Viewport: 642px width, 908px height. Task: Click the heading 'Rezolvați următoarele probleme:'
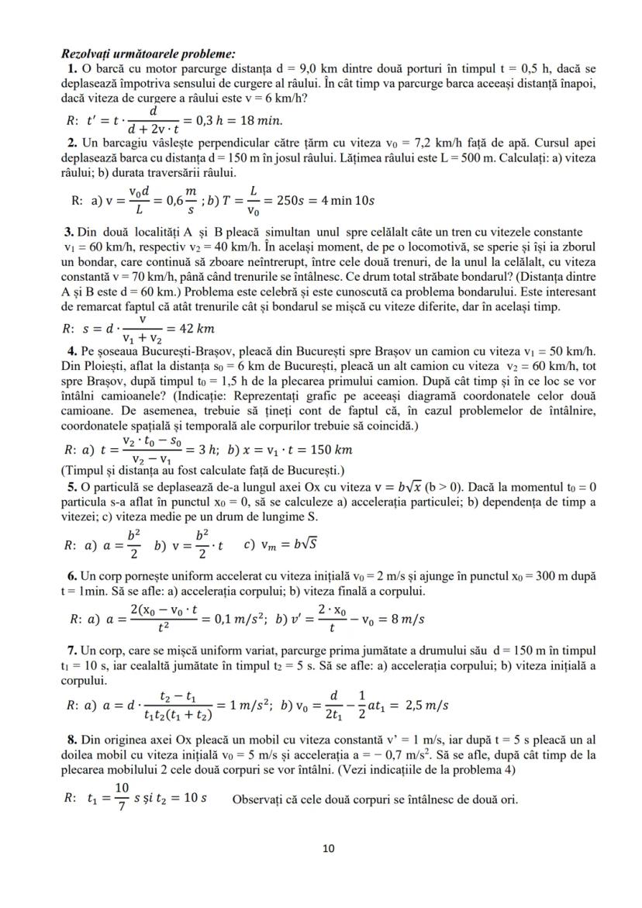point(147,54)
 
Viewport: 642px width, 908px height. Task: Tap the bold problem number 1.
point(71,69)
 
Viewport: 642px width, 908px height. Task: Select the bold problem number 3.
point(70,233)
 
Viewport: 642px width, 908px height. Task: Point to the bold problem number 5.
point(71,488)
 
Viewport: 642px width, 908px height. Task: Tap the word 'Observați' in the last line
point(260,800)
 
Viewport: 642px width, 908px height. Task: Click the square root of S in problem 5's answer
point(308,544)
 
